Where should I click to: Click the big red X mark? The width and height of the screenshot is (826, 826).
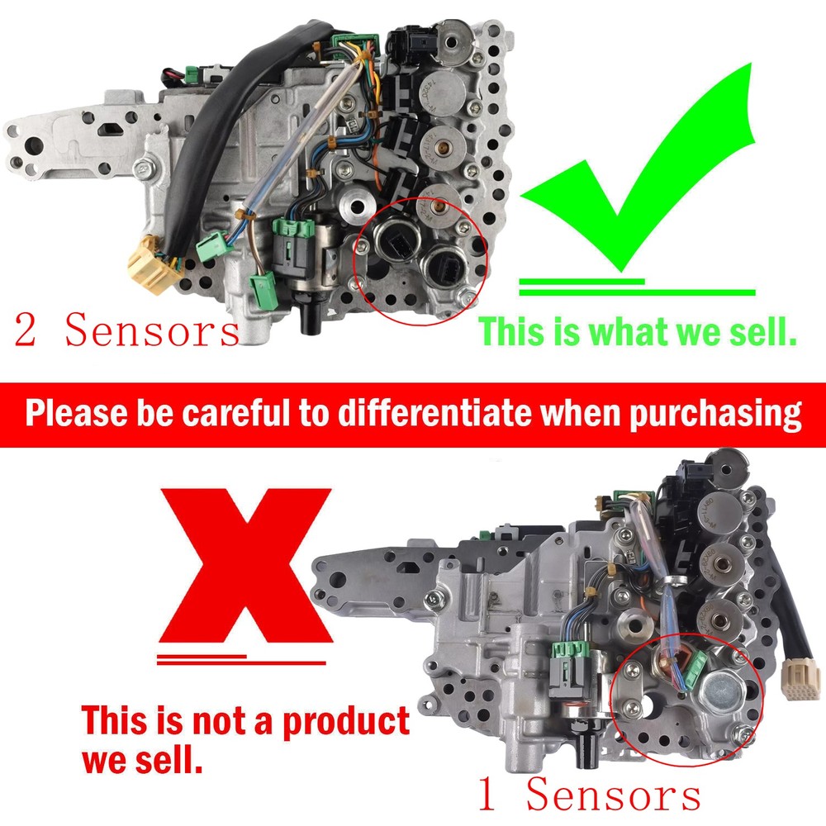(245, 566)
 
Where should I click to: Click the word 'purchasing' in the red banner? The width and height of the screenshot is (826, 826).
(715, 415)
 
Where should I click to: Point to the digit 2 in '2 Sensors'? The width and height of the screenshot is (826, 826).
(26, 330)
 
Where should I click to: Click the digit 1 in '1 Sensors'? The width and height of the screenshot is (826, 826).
(487, 795)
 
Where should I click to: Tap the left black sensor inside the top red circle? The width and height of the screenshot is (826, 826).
(395, 240)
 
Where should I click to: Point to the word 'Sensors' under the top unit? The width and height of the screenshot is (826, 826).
(153, 330)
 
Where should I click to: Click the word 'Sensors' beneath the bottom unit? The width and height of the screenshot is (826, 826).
(614, 795)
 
